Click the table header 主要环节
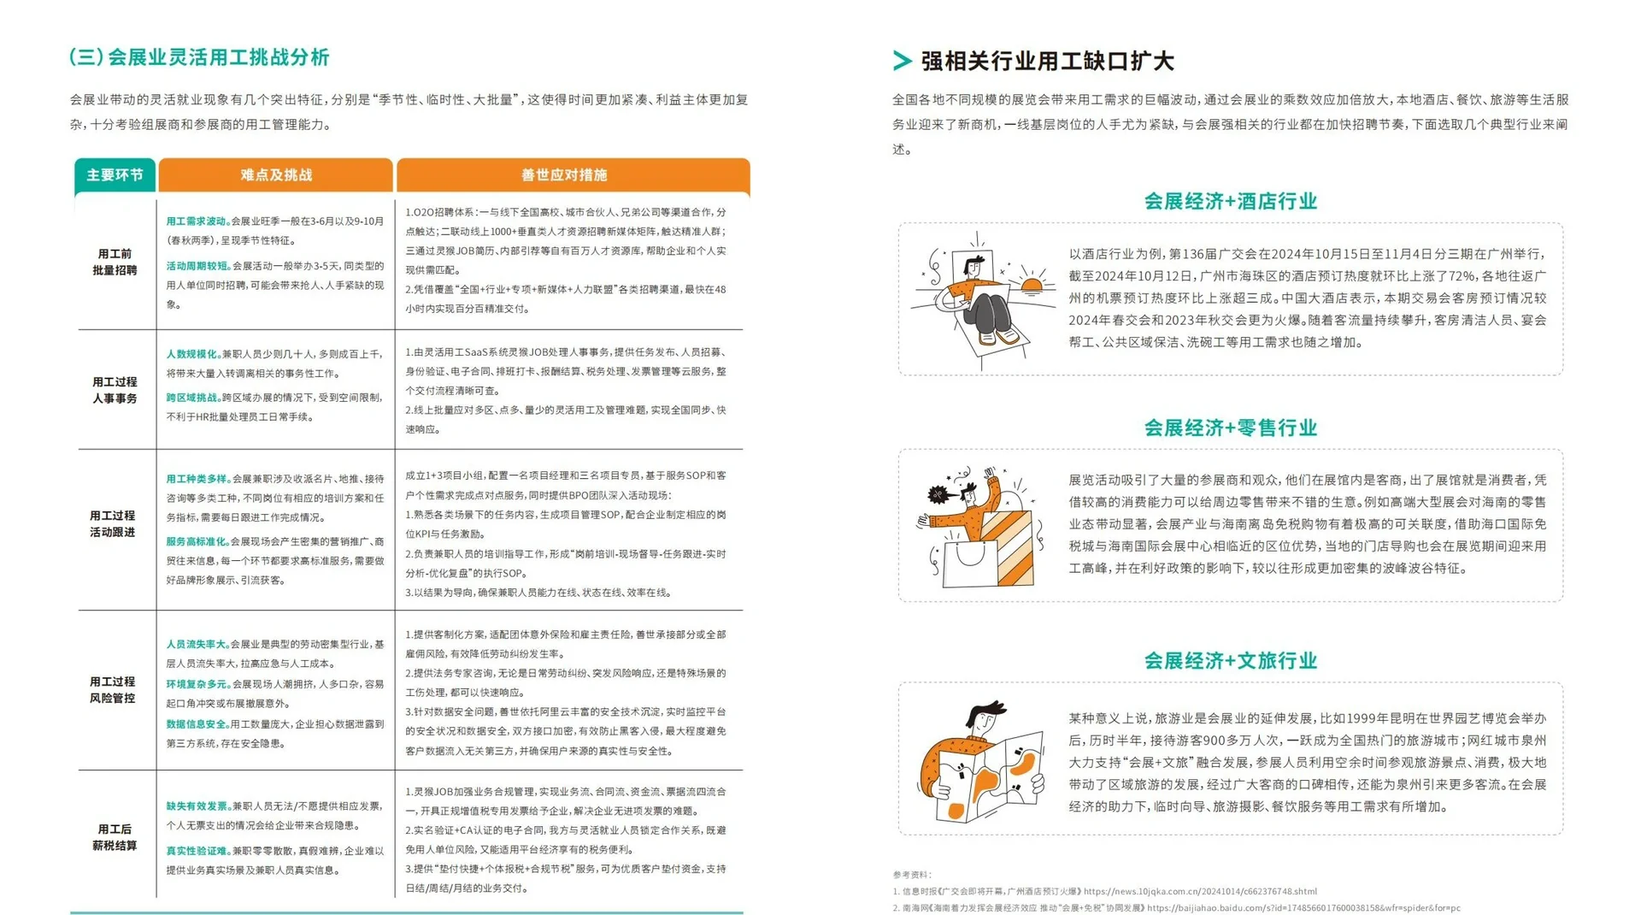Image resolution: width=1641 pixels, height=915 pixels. point(115,175)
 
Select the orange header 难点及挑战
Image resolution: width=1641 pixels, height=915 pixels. point(276,175)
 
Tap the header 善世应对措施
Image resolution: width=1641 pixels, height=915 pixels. point(564,175)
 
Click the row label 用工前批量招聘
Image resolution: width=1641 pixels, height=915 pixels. point(115,262)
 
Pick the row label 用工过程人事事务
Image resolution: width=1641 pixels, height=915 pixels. point(115,390)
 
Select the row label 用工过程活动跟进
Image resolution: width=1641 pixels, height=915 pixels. point(113,523)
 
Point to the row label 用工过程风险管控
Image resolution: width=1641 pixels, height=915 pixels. point(113,689)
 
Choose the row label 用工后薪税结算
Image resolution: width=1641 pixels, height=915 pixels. point(115,837)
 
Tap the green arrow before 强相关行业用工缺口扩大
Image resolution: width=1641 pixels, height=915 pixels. point(902,61)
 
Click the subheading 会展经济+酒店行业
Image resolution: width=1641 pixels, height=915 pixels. point(1230,202)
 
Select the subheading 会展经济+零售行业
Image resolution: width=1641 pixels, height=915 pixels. point(1230,428)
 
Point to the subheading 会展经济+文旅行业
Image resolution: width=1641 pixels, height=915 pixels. point(1230,660)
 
